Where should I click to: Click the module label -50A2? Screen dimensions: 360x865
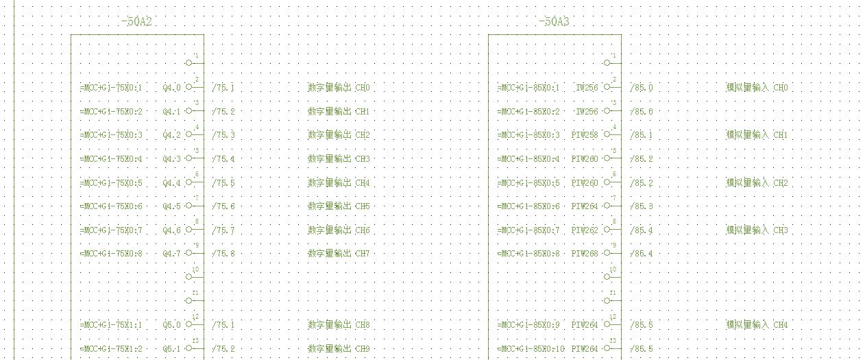pos(136,22)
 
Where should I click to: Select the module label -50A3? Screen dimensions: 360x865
pos(553,22)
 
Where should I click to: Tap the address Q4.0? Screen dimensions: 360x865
pos(172,88)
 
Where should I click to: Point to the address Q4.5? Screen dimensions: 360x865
pos(172,206)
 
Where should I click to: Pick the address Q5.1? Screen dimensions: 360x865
pos(172,349)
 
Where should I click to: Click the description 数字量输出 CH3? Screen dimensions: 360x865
pos(339,159)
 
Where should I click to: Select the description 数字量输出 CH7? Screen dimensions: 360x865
pos(339,254)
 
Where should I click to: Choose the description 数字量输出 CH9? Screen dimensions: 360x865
pos(339,349)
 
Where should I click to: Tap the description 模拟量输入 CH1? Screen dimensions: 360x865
pos(757,135)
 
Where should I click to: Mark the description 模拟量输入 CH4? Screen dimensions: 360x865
pos(757,325)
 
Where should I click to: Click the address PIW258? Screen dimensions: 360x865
pos(585,135)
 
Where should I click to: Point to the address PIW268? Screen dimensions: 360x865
pos(585,254)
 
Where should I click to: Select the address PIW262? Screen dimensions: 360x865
pos(585,230)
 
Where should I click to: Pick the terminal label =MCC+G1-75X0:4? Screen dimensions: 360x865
pos(111,159)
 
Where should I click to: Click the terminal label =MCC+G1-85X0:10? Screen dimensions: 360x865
pos(531,349)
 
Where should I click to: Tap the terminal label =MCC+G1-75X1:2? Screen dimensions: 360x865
pos(111,349)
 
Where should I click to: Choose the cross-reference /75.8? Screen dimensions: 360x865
pos(223,254)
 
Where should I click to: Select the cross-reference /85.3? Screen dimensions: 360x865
pos(642,206)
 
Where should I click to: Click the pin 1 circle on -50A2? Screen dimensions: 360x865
pos(189,62)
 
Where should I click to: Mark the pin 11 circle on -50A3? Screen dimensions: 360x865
pos(607,300)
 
